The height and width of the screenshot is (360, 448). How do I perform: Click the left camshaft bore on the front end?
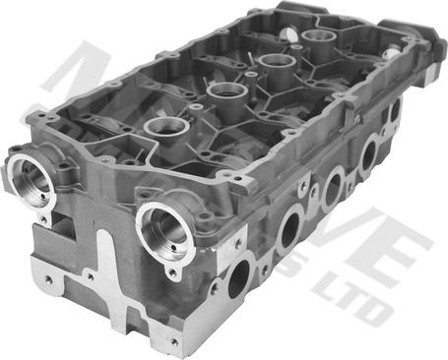click(31, 180)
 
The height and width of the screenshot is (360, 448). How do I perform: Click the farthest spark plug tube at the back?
click(318, 39)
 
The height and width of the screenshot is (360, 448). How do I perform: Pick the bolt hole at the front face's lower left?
click(47, 278)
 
